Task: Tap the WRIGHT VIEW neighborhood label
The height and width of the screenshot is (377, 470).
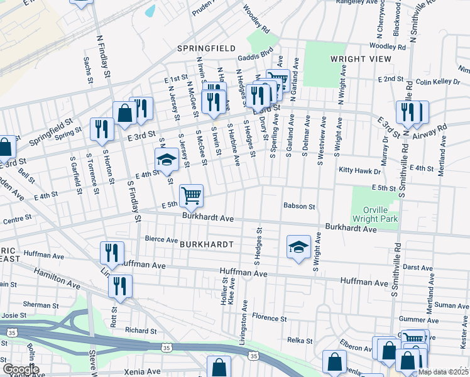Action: coord(356,58)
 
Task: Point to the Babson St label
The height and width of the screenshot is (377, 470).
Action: coord(298,205)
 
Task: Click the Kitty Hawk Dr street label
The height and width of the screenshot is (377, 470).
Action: coord(360,171)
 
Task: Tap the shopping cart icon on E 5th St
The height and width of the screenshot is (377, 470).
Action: coord(191,195)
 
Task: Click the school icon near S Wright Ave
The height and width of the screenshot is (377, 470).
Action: coord(298,246)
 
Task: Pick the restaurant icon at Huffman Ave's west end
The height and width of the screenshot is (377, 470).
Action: coord(112,253)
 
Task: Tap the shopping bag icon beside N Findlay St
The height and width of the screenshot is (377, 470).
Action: coord(124,113)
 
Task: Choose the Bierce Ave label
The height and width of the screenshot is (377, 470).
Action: coord(161,239)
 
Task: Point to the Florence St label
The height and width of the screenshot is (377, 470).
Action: coord(269,319)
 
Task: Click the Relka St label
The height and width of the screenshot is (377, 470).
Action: coord(300,341)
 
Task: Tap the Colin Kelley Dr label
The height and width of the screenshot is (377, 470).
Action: coord(438,82)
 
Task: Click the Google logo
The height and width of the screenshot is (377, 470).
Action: coord(20,369)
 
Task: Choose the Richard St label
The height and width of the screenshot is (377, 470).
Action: coord(140,331)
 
